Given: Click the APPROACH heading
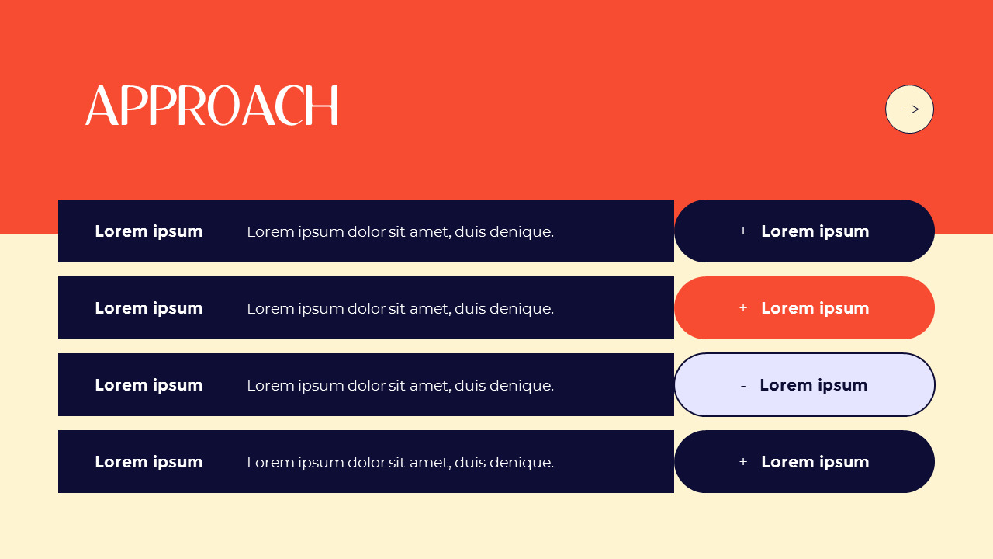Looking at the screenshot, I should pyautogui.click(x=212, y=106).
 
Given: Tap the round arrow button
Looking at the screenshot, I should pyautogui.click(x=909, y=109).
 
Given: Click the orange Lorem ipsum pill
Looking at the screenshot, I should pyautogui.click(x=804, y=308).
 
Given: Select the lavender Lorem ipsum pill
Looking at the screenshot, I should pyautogui.click(x=804, y=385).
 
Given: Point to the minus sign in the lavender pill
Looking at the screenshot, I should pyautogui.click(x=743, y=386).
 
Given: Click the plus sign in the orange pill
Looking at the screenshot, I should pyautogui.click(x=743, y=308).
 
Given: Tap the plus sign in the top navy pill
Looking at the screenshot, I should pyautogui.click(x=743, y=231).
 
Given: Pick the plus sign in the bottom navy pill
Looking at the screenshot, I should pyautogui.click(x=743, y=462).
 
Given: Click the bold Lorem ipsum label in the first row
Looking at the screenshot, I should pyautogui.click(x=149, y=231).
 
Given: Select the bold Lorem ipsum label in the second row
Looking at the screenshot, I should pyautogui.click(x=149, y=308).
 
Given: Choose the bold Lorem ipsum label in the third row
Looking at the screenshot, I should pyautogui.click(x=149, y=385).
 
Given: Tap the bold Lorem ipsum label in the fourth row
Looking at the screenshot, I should pyautogui.click(x=149, y=462).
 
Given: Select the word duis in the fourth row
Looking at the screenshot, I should pyautogui.click(x=470, y=462).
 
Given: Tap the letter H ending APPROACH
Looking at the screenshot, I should pyautogui.click(x=325, y=106).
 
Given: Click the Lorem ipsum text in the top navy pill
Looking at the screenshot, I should pyautogui.click(x=815, y=231).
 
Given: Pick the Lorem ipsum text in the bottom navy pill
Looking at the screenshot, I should pyautogui.click(x=815, y=462).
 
